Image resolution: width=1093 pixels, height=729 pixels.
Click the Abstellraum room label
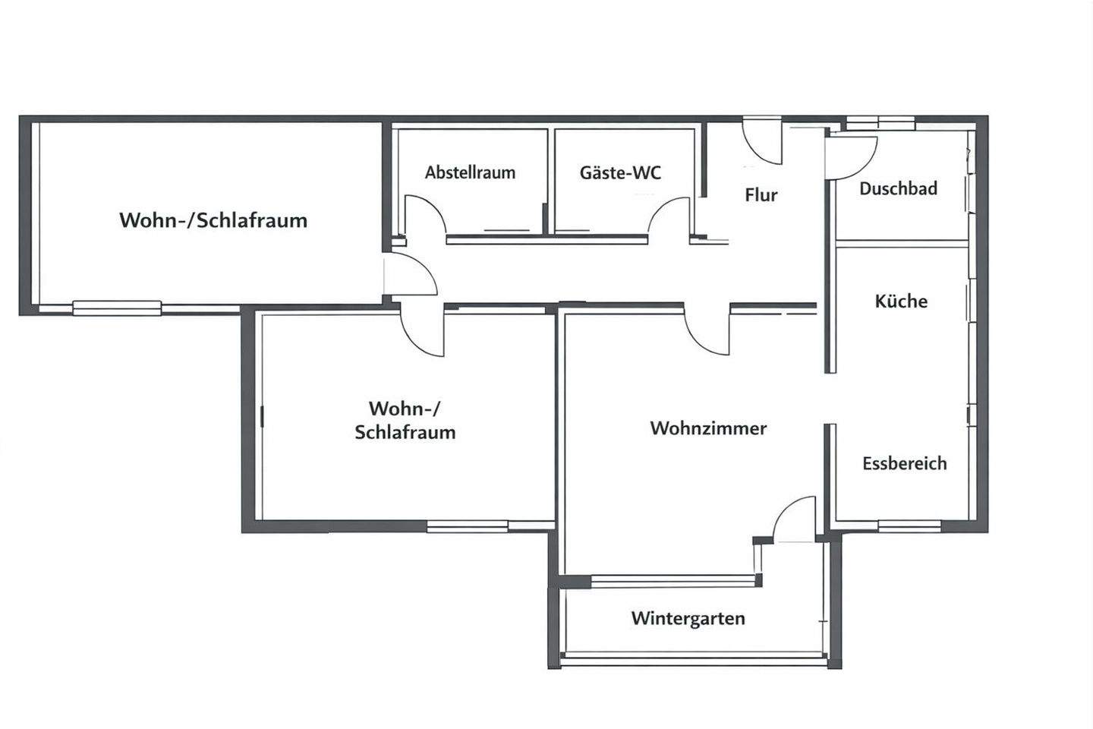(x=470, y=172)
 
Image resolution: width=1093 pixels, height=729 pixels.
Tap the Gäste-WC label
(x=620, y=172)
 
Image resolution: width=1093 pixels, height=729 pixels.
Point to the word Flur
(x=761, y=195)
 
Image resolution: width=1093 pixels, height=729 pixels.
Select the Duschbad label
(x=898, y=188)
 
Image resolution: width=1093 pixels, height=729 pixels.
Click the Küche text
(x=901, y=301)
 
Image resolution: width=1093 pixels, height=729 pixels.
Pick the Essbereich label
(x=904, y=463)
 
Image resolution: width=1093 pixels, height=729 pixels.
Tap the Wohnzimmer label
(x=708, y=428)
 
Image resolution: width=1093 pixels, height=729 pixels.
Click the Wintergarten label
(x=688, y=618)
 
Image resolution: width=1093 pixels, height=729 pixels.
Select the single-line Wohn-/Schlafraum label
(x=213, y=220)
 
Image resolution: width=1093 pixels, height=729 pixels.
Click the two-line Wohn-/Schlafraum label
(x=405, y=421)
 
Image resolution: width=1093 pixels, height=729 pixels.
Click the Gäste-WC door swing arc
(x=669, y=216)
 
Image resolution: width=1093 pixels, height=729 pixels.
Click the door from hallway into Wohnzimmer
(x=707, y=330)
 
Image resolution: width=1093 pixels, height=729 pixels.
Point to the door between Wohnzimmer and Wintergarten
(x=793, y=519)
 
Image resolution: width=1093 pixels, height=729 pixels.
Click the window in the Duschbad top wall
(x=880, y=122)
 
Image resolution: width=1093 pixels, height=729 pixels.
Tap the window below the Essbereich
(x=909, y=525)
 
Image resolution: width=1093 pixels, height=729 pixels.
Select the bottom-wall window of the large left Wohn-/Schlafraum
(x=117, y=308)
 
